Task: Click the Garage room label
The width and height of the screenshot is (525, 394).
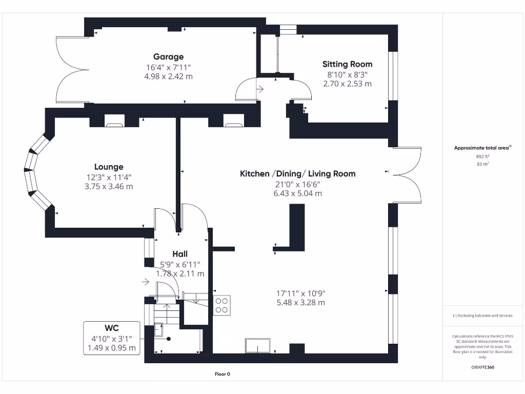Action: [x=168, y=57]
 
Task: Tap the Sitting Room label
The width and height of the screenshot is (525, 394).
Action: [x=347, y=64]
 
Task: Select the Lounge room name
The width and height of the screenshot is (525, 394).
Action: [x=109, y=167]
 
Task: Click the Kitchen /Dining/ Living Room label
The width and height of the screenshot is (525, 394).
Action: [x=297, y=174]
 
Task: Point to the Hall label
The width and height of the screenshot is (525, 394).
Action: [x=180, y=254]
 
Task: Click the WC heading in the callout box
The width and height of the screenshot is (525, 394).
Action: [x=112, y=328]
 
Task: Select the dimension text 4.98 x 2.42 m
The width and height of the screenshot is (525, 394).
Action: [x=168, y=76]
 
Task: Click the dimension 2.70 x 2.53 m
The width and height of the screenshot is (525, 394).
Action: [x=347, y=84]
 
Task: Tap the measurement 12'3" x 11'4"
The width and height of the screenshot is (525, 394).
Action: [x=109, y=177]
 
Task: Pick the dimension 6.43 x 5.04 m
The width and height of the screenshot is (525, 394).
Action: [x=297, y=193]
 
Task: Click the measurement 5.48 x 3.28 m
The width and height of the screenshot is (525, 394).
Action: [x=300, y=303]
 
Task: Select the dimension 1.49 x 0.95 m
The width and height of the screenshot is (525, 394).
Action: [x=112, y=348]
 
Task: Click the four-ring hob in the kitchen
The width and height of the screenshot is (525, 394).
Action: [x=222, y=305]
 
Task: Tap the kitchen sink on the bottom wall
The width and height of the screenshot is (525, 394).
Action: [x=258, y=346]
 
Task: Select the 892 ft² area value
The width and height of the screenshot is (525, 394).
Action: [x=482, y=156]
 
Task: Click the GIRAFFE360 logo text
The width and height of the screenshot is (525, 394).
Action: [x=482, y=367]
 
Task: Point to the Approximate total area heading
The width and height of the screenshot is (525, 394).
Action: [x=482, y=148]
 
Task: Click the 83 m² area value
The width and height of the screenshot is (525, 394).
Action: [x=482, y=165]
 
